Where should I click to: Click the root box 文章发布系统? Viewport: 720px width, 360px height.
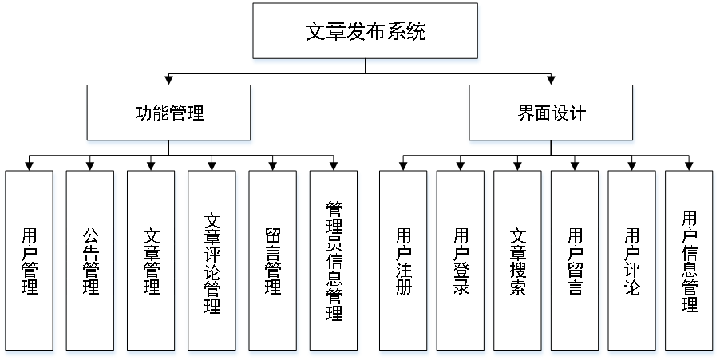[366, 30]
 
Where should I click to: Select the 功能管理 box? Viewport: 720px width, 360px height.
[169, 113]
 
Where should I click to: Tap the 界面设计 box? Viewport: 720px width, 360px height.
[551, 113]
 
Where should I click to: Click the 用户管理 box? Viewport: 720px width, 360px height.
[30, 261]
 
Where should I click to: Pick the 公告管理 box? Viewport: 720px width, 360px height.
[90, 261]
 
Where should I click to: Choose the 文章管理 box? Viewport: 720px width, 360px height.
[151, 261]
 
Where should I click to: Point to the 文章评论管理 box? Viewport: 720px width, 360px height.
[212, 261]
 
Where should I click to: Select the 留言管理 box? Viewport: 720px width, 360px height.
[272, 261]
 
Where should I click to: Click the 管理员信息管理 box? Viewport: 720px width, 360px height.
[334, 261]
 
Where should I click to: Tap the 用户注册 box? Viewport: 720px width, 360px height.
[403, 261]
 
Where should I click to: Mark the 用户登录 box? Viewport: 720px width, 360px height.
[461, 261]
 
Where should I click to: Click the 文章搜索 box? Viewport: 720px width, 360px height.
[517, 261]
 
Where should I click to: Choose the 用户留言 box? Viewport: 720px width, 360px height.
[575, 261]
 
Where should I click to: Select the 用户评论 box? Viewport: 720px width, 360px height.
[631, 261]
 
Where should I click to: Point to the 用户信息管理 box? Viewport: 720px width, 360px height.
[689, 261]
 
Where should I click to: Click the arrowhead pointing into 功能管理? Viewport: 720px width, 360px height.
[169, 81]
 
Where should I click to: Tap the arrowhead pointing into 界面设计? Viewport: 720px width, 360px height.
[551, 81]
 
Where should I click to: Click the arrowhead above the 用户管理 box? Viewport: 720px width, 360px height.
[30, 166]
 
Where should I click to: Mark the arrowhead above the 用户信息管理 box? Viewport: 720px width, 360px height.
[689, 166]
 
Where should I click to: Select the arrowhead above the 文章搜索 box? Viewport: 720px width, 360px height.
[517, 166]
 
